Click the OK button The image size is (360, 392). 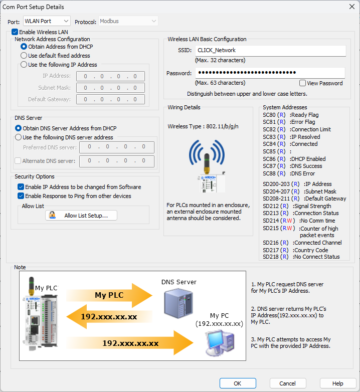pyautogui.click(x=238, y=383)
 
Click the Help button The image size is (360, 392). pyautogui.click(x=338, y=383)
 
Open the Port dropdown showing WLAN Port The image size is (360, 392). pyautogui.click(x=47, y=21)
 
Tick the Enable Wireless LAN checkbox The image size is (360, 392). pyautogui.click(x=15, y=32)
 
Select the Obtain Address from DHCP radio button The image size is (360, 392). pyautogui.click(x=24, y=47)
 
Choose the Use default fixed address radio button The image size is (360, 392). pyautogui.click(x=24, y=56)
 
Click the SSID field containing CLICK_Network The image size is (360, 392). pyautogui.click(x=270, y=51)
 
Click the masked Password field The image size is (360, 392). pyautogui.click(x=270, y=73)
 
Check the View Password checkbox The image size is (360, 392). pyautogui.click(x=302, y=83)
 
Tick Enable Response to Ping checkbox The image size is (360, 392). pyautogui.click(x=21, y=196)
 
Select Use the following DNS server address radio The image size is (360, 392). pyautogui.click(x=19, y=137)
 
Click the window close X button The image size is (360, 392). pyautogui.click(x=351, y=7)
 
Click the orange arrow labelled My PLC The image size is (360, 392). pyautogui.click(x=108, y=296)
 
